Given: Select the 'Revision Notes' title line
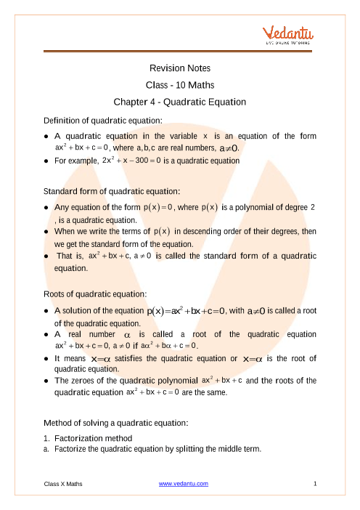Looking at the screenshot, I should pyautogui.click(x=179, y=68).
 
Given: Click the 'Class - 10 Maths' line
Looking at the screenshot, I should pyautogui.click(x=179, y=85).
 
